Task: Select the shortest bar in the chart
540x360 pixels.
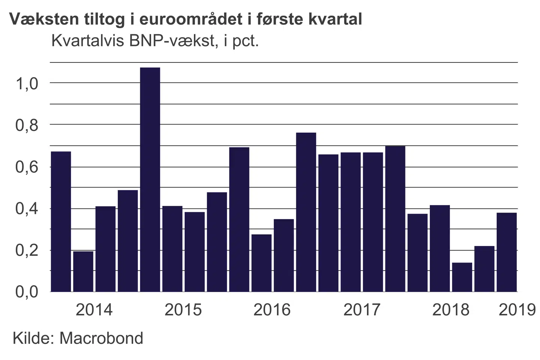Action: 462,277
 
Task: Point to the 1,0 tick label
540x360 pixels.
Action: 27,83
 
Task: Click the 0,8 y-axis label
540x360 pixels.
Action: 27,125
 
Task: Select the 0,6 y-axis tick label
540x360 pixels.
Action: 27,167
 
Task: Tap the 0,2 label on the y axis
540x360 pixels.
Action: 27,250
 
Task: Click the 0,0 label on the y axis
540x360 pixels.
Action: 27,292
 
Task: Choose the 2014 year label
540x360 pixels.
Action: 94,310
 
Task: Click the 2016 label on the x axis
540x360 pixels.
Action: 272,310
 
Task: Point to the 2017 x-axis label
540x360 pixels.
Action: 362,310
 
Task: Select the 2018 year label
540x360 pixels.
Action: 451,310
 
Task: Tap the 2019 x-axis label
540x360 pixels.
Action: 517,310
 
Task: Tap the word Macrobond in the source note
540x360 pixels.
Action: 101,338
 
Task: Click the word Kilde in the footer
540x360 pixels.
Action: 33,338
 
